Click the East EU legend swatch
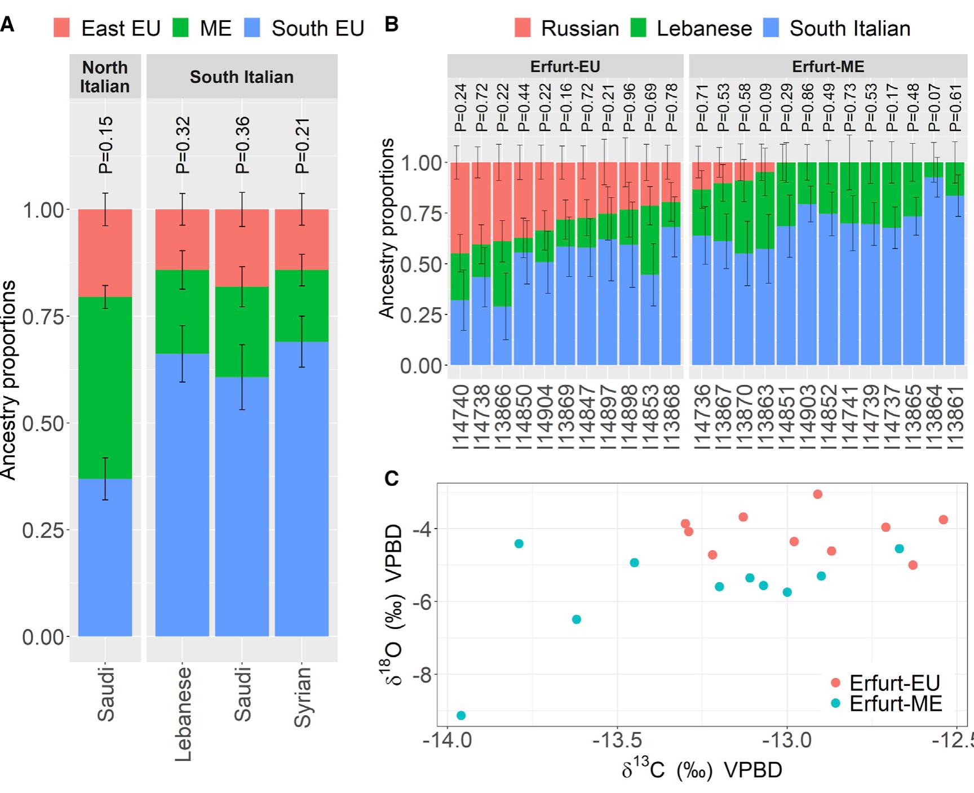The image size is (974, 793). [61, 28]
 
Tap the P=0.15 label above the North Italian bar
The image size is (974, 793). [105, 145]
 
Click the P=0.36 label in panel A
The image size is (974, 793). [242, 145]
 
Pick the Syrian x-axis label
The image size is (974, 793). [302, 697]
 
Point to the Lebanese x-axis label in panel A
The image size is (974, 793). [183, 714]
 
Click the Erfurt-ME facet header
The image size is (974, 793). [827, 66]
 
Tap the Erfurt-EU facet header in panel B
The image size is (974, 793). [565, 66]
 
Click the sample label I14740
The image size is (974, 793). [461, 418]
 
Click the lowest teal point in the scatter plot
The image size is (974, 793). [461, 715]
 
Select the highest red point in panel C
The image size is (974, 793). [817, 494]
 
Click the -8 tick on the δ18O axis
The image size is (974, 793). [422, 675]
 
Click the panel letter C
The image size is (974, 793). [391, 479]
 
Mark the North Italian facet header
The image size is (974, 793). [105, 77]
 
